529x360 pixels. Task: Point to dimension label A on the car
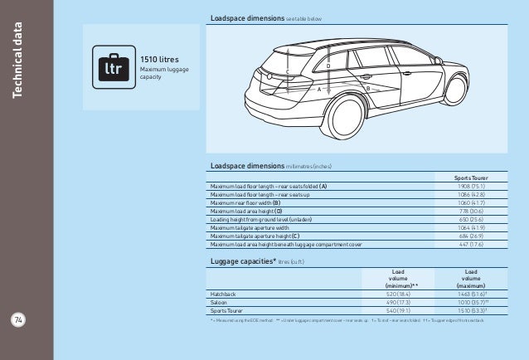[319, 88]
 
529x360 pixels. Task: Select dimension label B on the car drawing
[366, 88]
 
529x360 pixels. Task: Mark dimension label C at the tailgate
[288, 73]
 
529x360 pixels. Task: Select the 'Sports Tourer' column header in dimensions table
[470, 178]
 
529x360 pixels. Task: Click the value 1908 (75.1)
[470, 187]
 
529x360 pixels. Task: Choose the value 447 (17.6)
[470, 245]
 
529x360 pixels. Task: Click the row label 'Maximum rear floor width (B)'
[246, 203]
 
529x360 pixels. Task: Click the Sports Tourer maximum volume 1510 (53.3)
[470, 310]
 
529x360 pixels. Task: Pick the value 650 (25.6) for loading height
[470, 220]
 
